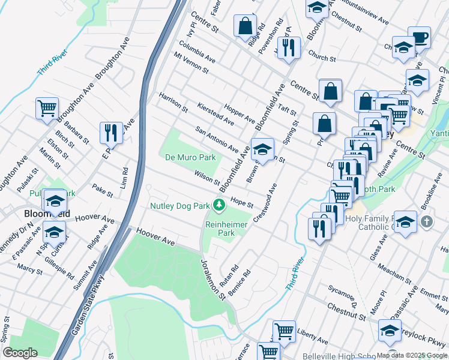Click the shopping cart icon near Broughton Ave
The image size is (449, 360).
click(x=47, y=109)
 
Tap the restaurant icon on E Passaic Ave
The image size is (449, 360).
click(x=111, y=131)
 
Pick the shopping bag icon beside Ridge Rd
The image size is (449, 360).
click(x=245, y=26)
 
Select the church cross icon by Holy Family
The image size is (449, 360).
click(x=426, y=222)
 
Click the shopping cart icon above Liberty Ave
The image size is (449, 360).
click(x=284, y=331)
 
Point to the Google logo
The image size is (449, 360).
click(x=20, y=353)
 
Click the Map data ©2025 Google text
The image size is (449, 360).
click(x=412, y=355)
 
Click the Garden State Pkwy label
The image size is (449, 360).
click(x=86, y=306)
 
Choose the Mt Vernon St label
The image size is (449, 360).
click(x=191, y=62)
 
